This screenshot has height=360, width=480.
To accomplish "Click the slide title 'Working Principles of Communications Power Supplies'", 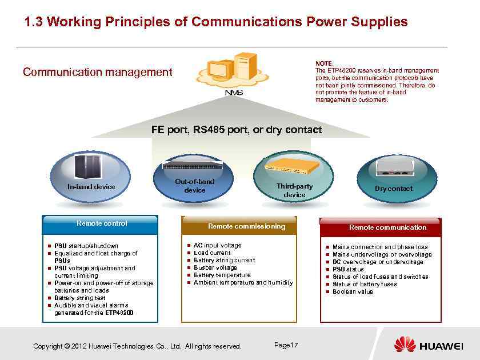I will pos(216,22).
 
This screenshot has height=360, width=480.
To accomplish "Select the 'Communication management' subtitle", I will pos(97,72).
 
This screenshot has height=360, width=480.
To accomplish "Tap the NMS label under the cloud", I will pos(234,93).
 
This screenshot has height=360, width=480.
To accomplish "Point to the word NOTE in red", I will pos(324,64).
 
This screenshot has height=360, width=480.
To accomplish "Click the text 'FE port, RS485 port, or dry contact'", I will pos(236,130).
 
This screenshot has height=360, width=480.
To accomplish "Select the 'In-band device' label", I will pos(91,187).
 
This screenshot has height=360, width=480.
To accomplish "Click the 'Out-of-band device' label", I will pos(195,186).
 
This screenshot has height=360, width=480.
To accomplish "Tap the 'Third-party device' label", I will pos(294,190).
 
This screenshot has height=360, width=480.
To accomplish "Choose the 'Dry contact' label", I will pos(393,189).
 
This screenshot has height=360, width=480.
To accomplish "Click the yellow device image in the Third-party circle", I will pos(292,166).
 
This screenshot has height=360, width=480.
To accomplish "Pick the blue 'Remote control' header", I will pos(102,223).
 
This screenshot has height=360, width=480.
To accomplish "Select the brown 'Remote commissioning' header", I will pos(246,226).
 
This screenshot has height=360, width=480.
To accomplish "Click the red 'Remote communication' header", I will pos(387,227).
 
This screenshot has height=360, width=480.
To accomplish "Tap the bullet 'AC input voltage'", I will pos(218,245).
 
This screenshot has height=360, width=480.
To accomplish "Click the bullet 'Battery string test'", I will pos(80,298).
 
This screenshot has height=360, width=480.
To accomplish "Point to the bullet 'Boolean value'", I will pos(353,291).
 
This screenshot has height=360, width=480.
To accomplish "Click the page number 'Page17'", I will pos(286,345).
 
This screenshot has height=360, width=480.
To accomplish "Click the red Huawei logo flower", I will pos(405,345).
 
